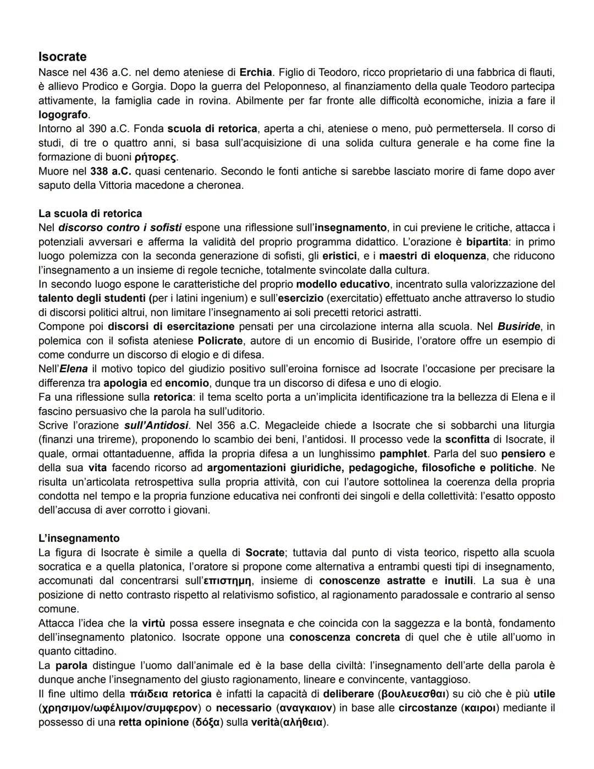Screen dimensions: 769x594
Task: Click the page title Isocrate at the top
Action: (x=62, y=57)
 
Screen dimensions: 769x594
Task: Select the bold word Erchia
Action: (x=256, y=72)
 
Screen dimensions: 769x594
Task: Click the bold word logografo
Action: (x=63, y=114)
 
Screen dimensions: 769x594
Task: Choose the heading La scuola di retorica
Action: (x=90, y=214)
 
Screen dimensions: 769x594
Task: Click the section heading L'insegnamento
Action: (x=79, y=538)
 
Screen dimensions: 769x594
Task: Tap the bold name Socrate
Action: (x=265, y=553)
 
